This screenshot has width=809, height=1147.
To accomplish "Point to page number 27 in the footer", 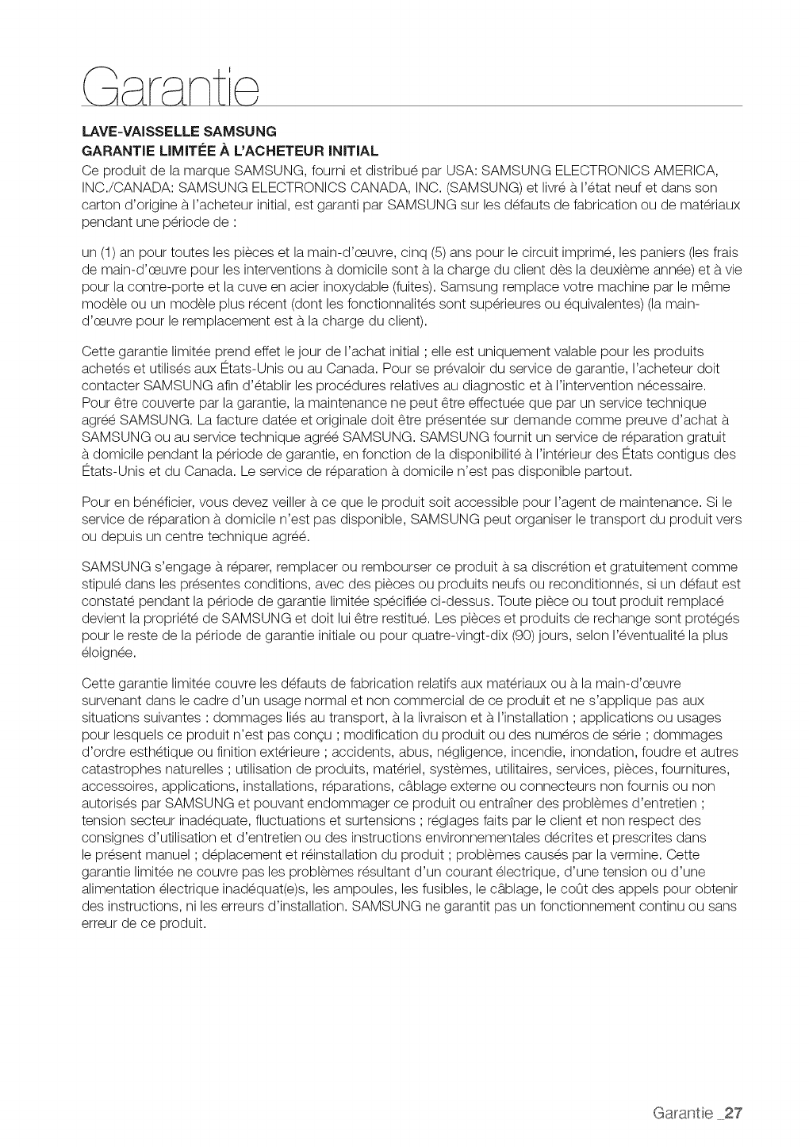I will [x=732, y=1111].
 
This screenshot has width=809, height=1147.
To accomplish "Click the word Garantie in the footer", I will [x=683, y=1111].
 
